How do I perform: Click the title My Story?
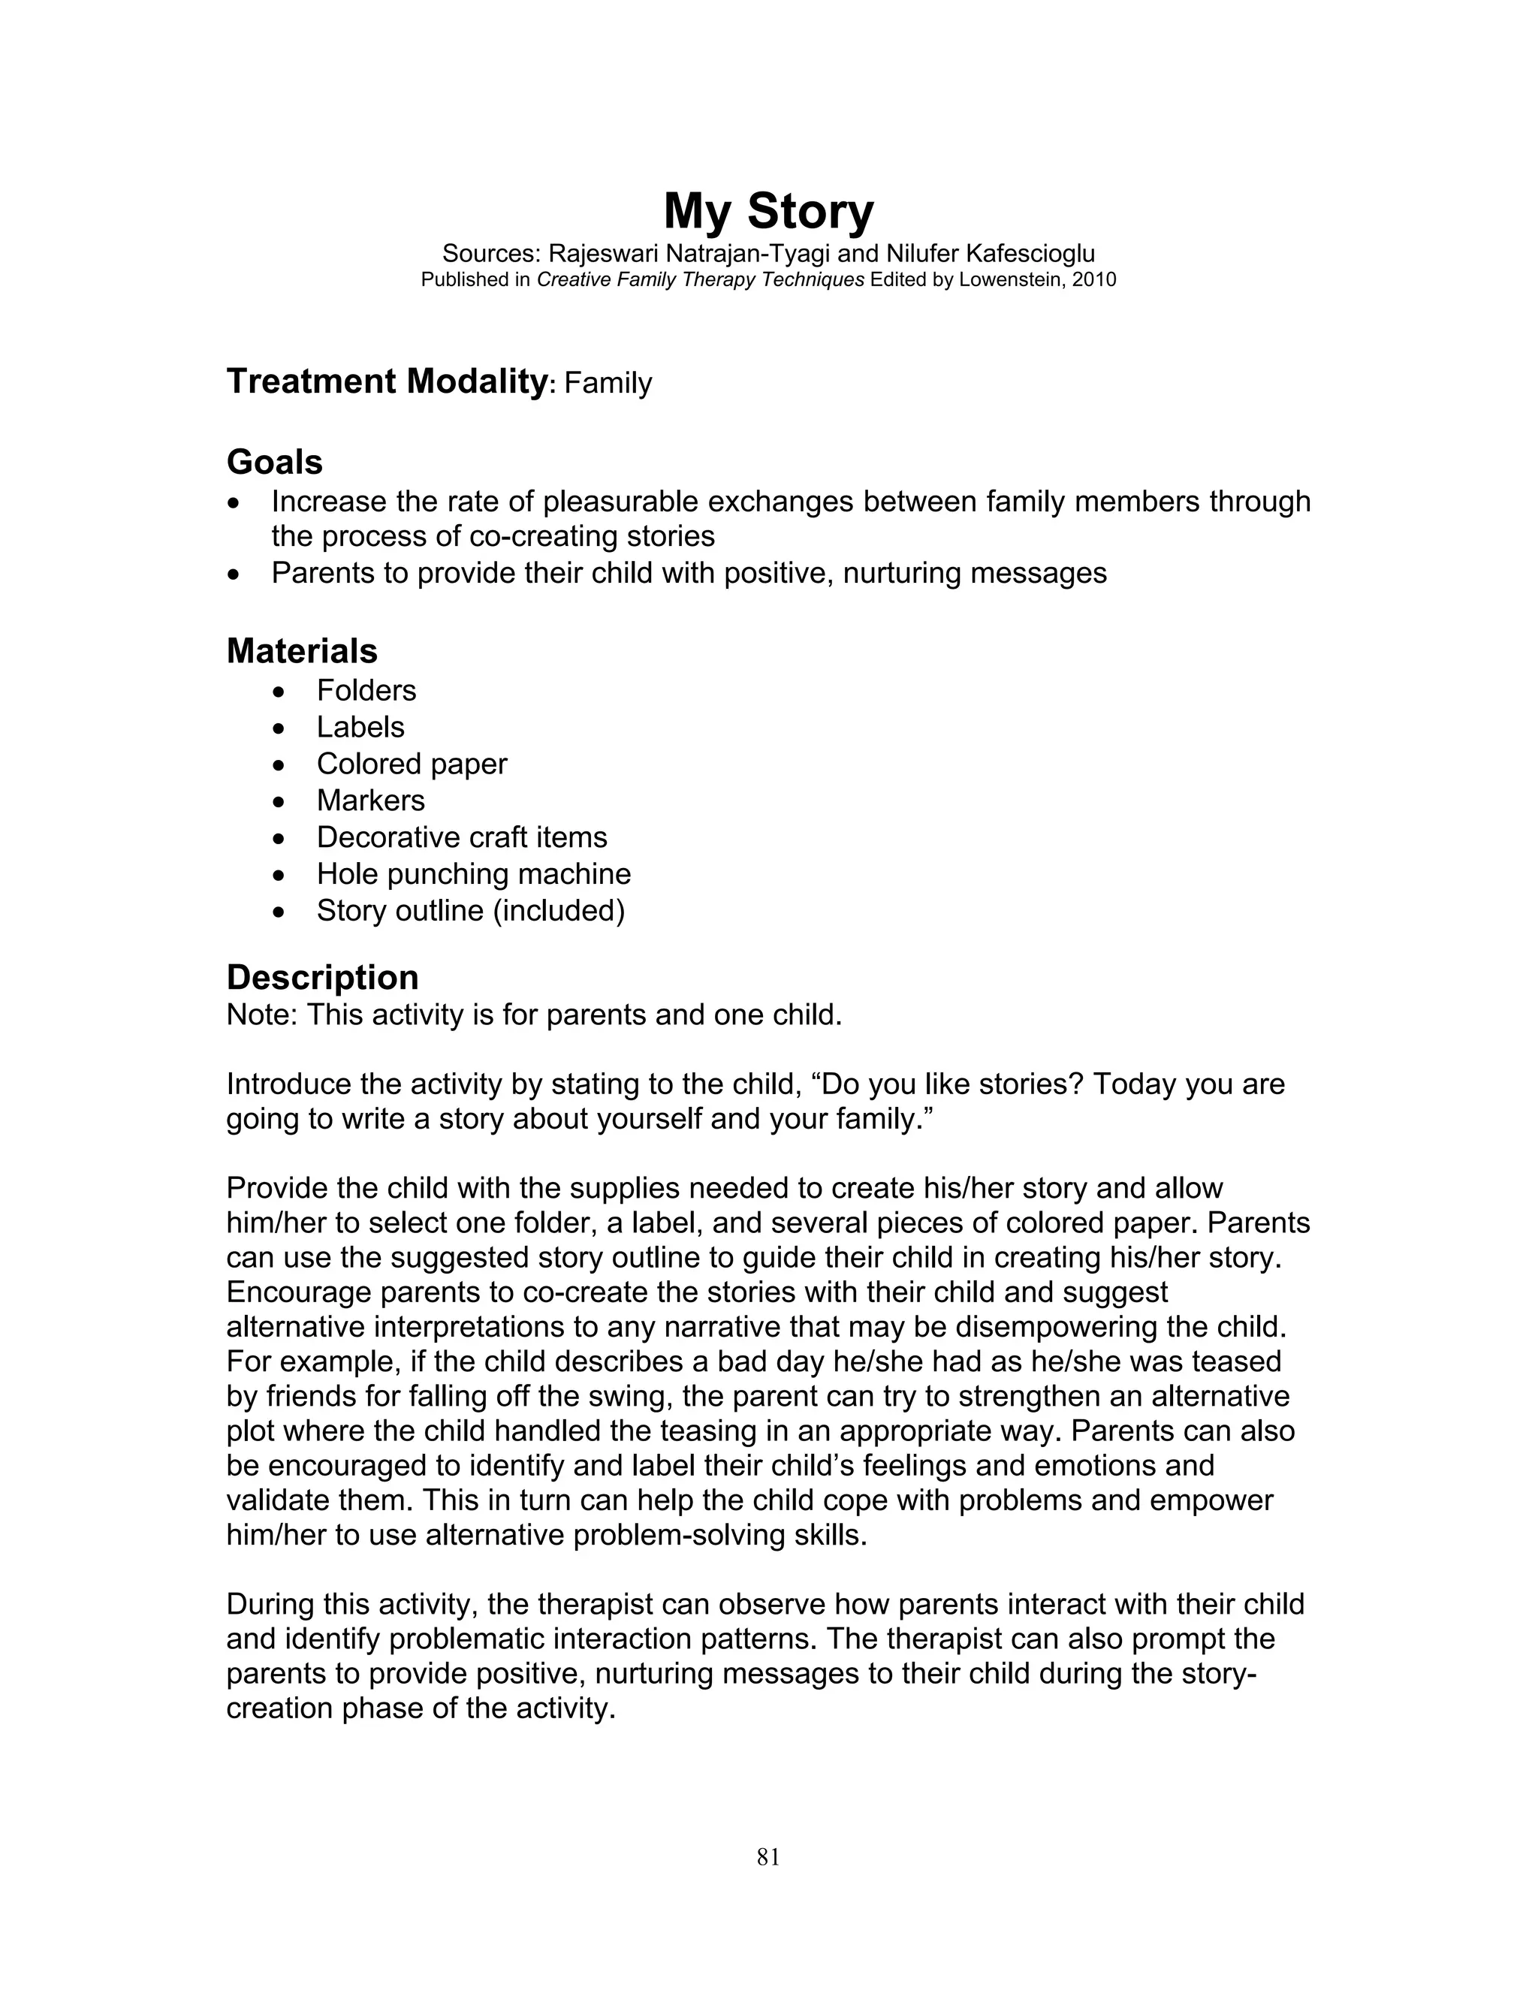[x=768, y=212]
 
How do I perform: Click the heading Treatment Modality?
[x=385, y=381]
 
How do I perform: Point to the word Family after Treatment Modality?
[x=608, y=383]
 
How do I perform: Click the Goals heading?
[x=274, y=462]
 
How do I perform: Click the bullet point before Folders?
[x=279, y=692]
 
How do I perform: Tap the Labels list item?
[x=360, y=727]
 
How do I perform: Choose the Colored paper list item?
[x=411, y=764]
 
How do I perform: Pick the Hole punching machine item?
[x=473, y=874]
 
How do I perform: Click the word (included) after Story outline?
[x=559, y=910]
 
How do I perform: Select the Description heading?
[x=321, y=977]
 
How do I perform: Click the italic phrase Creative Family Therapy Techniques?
[x=700, y=280]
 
